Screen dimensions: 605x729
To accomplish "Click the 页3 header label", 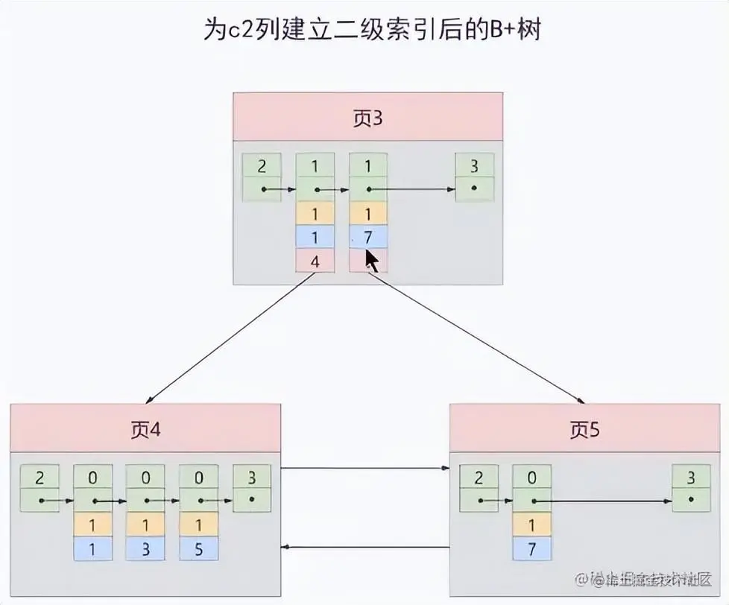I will pos(367,118).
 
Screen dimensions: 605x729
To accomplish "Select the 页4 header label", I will pos(145,430).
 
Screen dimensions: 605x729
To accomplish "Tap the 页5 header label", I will pos(584,430).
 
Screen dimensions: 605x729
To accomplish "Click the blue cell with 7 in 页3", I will pos(368,237).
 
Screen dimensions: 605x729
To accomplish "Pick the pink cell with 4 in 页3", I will pos(315,261).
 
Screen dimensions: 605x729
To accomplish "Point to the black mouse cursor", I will pos(370,262).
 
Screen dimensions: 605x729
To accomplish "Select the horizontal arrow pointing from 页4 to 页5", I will pos(365,469).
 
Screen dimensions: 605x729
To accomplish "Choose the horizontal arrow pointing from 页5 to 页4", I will pos(365,548).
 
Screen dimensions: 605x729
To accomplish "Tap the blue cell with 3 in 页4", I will pos(145,548).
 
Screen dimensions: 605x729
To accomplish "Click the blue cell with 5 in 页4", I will pos(199,548).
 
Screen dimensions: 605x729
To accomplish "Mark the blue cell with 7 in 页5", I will pos(532,548).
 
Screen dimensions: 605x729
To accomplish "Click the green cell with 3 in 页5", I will pos(691,478).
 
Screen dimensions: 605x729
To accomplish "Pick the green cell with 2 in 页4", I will pos(40,478).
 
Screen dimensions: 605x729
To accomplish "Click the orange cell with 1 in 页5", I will pos(532,525).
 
